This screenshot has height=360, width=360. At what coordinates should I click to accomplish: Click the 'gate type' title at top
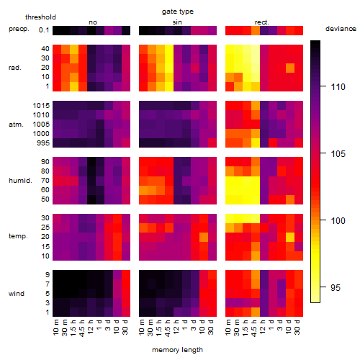point(178,12)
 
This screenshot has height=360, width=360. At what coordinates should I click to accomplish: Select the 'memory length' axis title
point(177,350)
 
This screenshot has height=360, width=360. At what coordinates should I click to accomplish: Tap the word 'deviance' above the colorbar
point(341,29)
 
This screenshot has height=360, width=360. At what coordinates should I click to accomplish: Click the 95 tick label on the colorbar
point(336,287)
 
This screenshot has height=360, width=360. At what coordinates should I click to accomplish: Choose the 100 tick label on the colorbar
point(338,220)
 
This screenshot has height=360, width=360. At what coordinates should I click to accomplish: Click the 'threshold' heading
point(40,17)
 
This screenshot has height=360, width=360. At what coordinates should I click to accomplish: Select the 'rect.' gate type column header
point(262,22)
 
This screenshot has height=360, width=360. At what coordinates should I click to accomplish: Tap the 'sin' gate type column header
point(177,22)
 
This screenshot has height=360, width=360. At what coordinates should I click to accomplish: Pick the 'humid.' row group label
point(20,181)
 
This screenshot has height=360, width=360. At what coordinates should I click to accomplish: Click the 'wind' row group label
point(17,294)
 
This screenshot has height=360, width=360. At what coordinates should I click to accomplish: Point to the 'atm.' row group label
point(16,125)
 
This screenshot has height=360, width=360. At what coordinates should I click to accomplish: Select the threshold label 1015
point(41,106)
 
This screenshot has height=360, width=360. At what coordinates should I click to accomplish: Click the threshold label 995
point(43,143)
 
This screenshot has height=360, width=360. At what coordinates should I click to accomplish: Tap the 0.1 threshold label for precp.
point(44,30)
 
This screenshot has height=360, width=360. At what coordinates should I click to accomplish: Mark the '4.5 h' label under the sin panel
point(168,328)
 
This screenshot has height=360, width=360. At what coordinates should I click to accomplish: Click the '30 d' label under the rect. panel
point(297,327)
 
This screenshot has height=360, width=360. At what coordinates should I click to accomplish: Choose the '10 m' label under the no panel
point(55,327)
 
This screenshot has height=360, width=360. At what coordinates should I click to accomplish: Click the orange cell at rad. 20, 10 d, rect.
point(290,68)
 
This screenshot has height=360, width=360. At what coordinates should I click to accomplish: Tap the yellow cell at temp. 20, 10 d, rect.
point(290,237)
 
